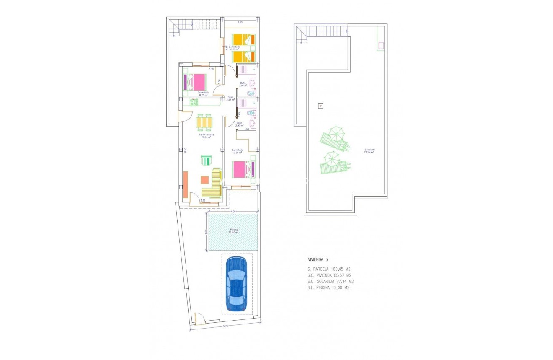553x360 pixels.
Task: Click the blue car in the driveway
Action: point(236,283)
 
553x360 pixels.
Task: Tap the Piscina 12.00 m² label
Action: point(233,231)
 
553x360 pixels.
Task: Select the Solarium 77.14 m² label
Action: point(369,151)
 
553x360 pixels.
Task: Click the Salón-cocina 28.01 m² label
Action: point(207,135)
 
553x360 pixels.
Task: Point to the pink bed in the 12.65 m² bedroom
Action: point(243,170)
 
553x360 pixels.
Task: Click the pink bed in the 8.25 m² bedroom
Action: point(195,81)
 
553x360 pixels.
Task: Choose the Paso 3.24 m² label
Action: point(230,98)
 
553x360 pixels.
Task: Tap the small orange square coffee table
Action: point(204,180)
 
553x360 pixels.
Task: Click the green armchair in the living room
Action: point(207,161)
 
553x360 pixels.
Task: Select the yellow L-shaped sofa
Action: point(214,184)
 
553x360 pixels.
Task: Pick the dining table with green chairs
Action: point(204,122)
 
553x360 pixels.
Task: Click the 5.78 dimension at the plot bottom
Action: point(225,326)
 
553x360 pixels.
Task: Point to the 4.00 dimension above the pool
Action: point(233,212)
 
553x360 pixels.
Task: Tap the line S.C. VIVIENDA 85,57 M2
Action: point(329,275)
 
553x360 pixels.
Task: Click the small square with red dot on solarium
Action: point(320,106)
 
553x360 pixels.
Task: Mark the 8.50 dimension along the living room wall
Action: point(185,150)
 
